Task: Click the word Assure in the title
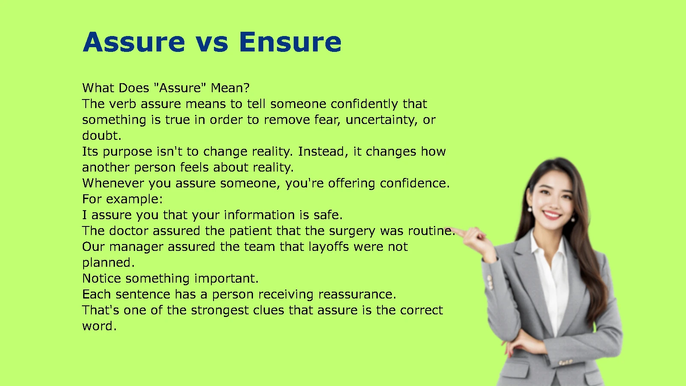click(x=134, y=42)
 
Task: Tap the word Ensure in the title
click(x=290, y=42)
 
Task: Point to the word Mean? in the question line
click(x=230, y=88)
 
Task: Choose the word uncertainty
click(x=381, y=120)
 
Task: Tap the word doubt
click(x=102, y=136)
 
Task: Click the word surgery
click(x=352, y=231)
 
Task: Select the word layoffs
click(x=328, y=247)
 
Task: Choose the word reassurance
click(x=358, y=294)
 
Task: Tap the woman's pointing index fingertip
click(x=453, y=229)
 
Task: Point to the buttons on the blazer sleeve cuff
click(x=490, y=282)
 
